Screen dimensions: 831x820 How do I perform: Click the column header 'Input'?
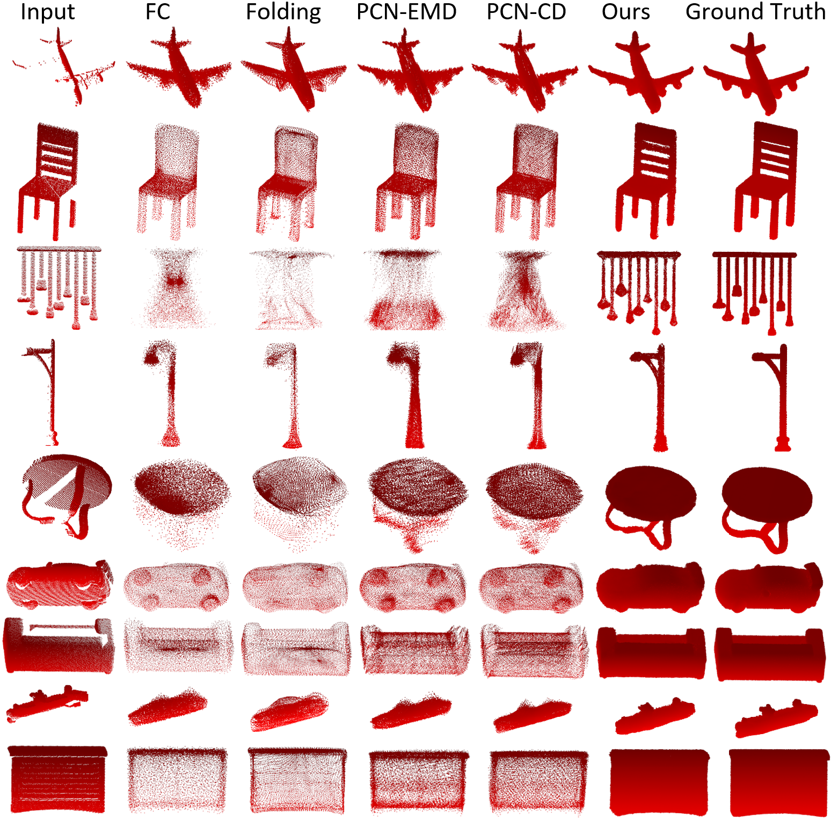click(48, 12)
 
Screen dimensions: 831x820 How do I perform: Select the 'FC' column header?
click(158, 12)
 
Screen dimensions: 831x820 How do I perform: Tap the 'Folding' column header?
click(283, 12)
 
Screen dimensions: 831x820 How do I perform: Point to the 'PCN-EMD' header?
click(406, 12)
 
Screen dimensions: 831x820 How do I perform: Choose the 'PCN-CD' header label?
click(526, 12)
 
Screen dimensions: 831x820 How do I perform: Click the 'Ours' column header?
click(626, 12)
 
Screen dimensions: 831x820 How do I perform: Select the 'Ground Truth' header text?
click(755, 12)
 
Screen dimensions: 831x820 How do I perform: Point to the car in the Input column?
click(60, 585)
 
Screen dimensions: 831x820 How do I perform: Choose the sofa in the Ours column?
click(651, 653)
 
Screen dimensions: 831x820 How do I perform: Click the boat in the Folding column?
click(289, 712)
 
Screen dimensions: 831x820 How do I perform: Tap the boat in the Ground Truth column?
click(776, 718)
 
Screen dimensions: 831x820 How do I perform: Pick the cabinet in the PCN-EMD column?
click(418, 781)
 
